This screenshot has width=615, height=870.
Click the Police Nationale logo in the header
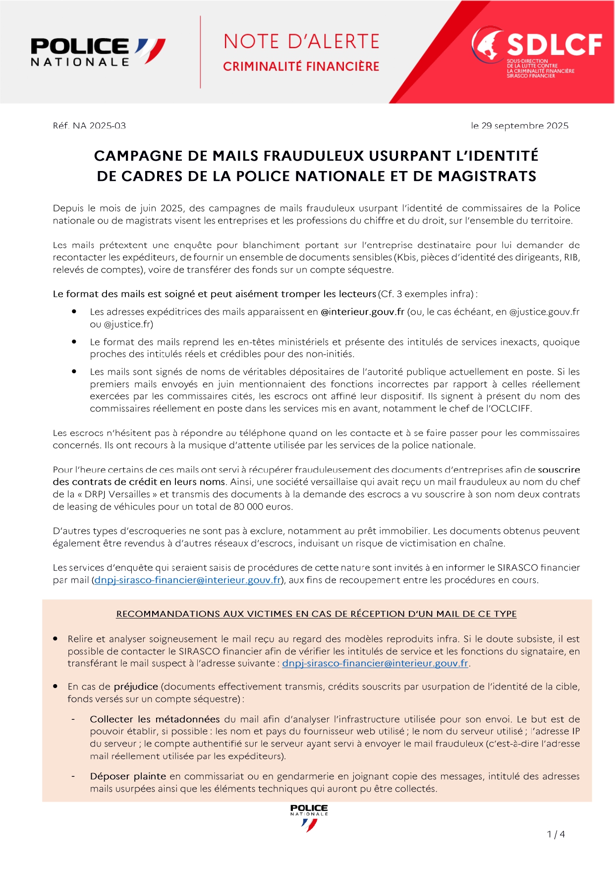[x=98, y=52]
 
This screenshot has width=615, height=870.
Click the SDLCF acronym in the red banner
[x=554, y=45]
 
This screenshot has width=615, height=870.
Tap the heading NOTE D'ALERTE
[x=301, y=42]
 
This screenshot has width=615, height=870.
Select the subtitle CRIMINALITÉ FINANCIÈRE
[x=301, y=66]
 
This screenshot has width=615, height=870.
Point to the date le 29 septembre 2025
[x=519, y=126]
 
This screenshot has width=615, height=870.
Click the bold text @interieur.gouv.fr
[x=362, y=312]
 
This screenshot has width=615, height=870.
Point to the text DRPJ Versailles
[x=117, y=494]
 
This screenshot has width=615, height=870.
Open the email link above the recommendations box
[x=188, y=580]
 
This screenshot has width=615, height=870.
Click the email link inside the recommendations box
[x=375, y=663]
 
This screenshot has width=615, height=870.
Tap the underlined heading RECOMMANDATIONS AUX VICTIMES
[x=316, y=614]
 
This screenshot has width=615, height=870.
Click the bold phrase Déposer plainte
[x=128, y=776]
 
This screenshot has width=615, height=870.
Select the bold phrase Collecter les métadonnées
[x=155, y=719]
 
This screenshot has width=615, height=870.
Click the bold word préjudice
[x=136, y=687]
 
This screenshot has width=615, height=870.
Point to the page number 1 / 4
[x=556, y=834]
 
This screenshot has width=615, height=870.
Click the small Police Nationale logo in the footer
[x=309, y=817]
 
